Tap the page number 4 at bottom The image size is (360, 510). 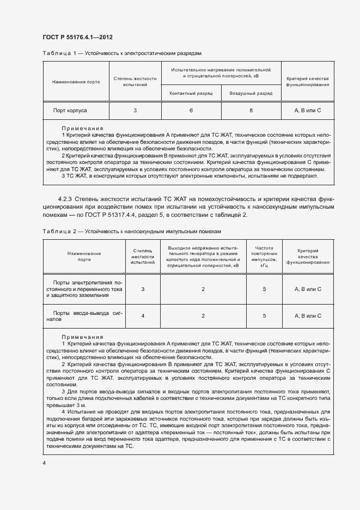(x=44, y=463)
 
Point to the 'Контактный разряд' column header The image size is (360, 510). (x=191, y=93)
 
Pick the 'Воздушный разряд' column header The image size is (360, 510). (x=251, y=93)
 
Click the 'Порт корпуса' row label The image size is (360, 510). (x=70, y=110)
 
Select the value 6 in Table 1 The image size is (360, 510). (x=191, y=110)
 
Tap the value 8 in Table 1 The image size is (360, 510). (x=251, y=110)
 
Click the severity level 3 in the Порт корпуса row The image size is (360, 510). (x=135, y=110)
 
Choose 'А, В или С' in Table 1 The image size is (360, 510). (x=308, y=110)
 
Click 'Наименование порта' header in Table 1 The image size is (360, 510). (x=76, y=82)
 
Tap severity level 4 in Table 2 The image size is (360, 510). (x=143, y=315)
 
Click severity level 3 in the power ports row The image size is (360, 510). (x=143, y=289)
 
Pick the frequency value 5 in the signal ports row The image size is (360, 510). (x=264, y=315)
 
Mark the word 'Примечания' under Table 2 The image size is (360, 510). (x=82, y=337)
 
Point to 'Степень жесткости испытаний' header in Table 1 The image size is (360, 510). (x=135, y=82)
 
